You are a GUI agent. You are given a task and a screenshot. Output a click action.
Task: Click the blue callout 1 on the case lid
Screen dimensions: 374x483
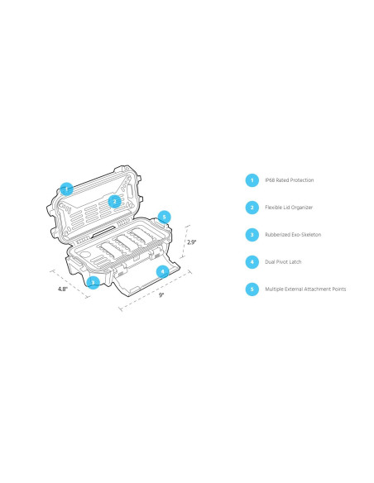(x=66, y=189)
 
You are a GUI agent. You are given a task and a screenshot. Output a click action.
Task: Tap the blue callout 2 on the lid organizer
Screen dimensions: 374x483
(x=115, y=202)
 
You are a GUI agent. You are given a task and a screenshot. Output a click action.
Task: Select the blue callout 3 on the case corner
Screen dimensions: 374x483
(x=93, y=283)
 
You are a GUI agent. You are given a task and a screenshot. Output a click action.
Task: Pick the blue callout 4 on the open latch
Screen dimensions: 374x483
(x=163, y=271)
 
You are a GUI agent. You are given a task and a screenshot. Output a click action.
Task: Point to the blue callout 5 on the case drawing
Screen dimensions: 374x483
(x=164, y=218)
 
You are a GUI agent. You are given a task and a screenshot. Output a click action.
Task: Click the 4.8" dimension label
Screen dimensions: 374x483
(x=63, y=289)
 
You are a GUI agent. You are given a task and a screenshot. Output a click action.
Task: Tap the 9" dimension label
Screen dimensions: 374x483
(x=161, y=295)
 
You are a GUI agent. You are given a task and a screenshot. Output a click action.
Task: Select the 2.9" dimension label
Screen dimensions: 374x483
(x=191, y=242)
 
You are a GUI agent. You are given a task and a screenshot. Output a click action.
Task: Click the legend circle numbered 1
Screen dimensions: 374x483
(x=252, y=180)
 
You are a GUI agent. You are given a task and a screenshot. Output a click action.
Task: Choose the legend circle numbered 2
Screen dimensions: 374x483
(x=252, y=208)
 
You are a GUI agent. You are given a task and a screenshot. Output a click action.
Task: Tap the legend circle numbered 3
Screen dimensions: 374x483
(x=252, y=235)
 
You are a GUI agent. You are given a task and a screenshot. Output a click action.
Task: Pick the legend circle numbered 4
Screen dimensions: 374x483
(x=252, y=262)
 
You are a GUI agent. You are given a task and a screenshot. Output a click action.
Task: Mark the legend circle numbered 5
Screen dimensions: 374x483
(x=252, y=289)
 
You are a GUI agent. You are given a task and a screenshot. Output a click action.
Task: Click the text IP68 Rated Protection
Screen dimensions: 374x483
(x=290, y=180)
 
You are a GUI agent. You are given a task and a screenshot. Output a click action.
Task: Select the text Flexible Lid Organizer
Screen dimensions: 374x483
(x=289, y=208)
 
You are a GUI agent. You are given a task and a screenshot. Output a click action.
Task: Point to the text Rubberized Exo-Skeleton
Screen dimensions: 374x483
(x=293, y=235)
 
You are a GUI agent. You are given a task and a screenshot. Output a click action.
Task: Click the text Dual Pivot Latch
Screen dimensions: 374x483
(x=283, y=262)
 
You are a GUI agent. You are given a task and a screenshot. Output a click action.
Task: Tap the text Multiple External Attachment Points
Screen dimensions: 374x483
(x=305, y=289)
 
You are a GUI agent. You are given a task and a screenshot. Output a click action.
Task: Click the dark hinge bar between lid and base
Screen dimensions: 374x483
(x=103, y=232)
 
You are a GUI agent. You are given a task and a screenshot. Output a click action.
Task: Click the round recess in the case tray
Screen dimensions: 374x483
(x=85, y=256)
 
